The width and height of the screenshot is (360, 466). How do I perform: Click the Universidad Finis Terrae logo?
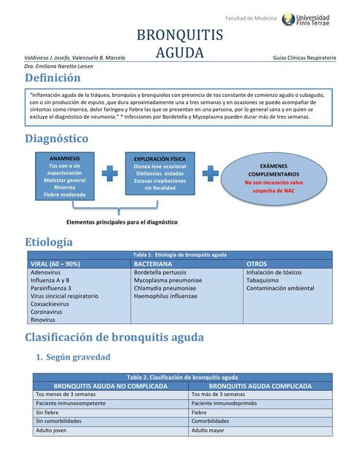coord(305,20)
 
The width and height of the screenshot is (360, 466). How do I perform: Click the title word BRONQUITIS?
coord(179,36)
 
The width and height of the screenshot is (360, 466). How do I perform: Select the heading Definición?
coord(52,78)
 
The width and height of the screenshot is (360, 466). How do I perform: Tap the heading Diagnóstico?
coord(56,138)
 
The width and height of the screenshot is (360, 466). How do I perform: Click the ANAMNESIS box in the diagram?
coord(64,176)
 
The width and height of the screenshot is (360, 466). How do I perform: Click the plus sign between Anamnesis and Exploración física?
coord(109,173)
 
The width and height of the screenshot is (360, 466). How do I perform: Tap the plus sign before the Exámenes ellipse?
coord(210,173)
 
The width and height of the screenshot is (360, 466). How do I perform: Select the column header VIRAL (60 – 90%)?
coord(55,264)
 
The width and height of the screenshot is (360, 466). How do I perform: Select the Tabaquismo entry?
coord(262,280)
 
